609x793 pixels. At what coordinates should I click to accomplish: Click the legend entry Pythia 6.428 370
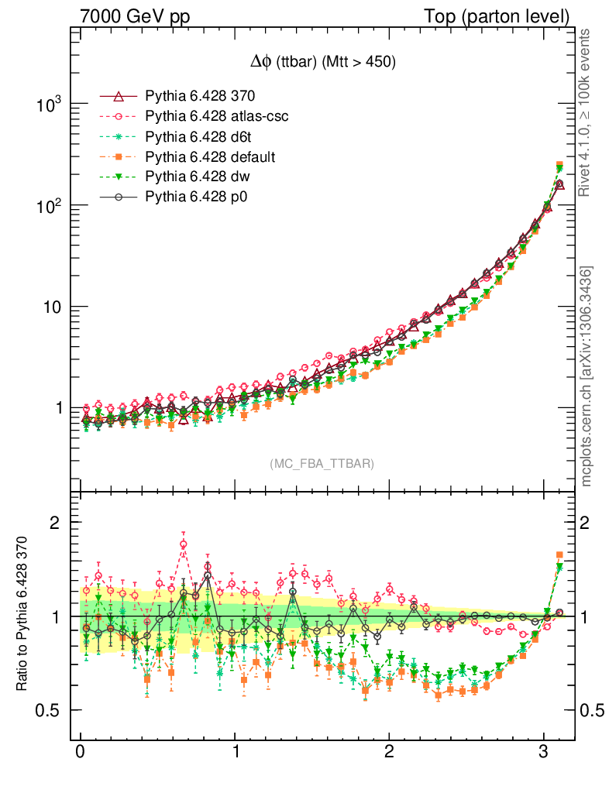click(200, 96)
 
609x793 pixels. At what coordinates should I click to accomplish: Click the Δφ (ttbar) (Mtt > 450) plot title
click(322, 64)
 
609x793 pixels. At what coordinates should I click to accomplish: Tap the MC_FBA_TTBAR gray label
click(322, 464)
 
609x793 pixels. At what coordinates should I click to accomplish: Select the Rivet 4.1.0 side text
click(587, 112)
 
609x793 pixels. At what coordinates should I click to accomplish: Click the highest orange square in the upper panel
click(559, 165)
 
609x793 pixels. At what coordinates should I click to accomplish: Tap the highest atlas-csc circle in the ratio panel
click(184, 544)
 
